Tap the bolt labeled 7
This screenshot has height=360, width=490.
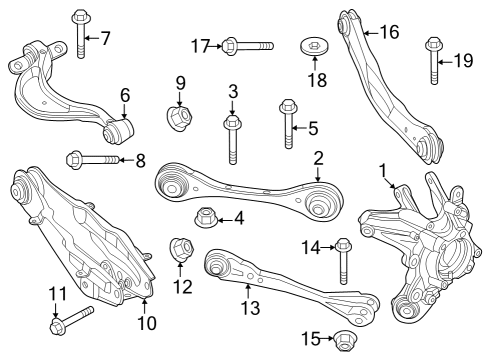pos(80,32)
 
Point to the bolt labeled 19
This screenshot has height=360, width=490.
pos(434,60)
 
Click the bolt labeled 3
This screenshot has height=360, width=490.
pos(232,136)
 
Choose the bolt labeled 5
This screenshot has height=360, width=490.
pos(287,121)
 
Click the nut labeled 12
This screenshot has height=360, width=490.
pos(181,246)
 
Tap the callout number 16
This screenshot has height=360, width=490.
pos(389,33)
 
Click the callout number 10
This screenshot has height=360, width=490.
pos(146,323)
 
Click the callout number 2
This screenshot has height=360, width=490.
pos(318,157)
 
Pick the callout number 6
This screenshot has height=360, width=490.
pos(125,96)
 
